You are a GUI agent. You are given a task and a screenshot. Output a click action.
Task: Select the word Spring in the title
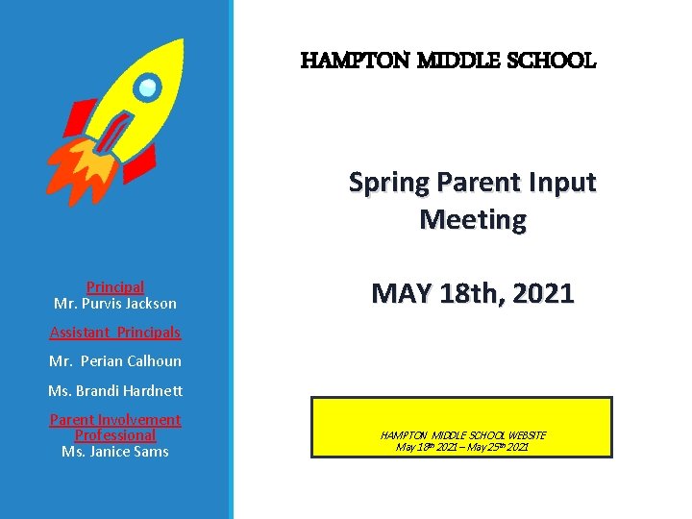click(388, 183)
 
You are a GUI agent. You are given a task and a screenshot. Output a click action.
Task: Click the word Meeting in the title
click(473, 220)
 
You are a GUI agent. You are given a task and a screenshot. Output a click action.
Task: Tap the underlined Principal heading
click(115, 286)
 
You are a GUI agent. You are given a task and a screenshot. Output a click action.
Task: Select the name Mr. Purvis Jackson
click(115, 303)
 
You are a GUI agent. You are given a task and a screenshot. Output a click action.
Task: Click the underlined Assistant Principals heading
click(115, 333)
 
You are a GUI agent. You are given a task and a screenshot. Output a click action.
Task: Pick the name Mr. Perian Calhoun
click(115, 361)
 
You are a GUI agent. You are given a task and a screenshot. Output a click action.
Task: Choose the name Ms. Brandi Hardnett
click(115, 391)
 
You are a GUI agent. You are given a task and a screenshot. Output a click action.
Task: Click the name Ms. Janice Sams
click(115, 452)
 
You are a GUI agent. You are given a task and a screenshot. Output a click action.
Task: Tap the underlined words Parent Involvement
click(115, 420)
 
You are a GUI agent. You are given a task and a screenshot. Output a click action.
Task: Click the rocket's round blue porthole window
click(147, 89)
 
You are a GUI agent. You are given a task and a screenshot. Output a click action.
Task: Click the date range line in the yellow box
click(462, 447)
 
